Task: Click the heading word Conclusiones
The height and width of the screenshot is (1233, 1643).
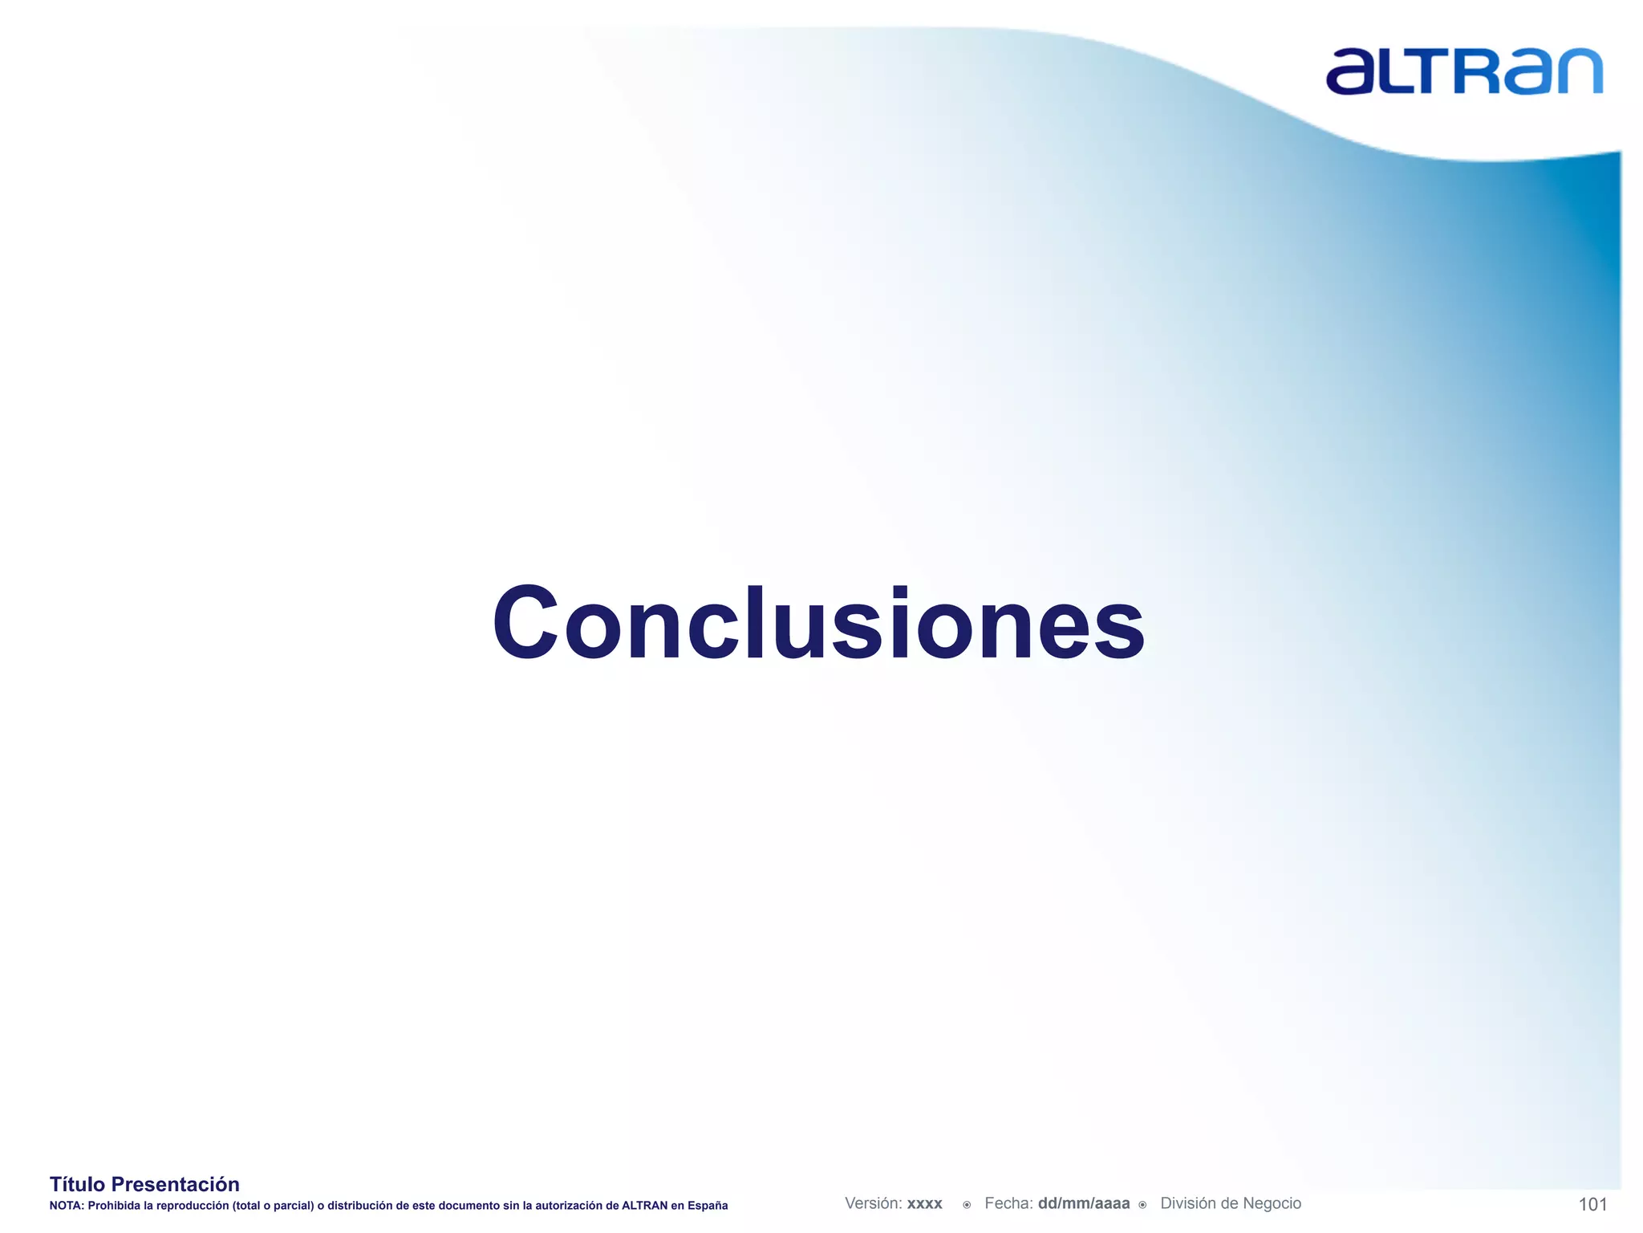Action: (x=818, y=624)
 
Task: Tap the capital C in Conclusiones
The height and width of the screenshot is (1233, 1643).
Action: (x=525, y=622)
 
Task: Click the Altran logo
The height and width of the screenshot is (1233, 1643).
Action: (x=1464, y=71)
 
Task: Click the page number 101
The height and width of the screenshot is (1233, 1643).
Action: (x=1592, y=1204)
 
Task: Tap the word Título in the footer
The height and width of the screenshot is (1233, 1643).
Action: (x=77, y=1184)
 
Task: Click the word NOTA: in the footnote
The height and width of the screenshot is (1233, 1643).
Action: (x=67, y=1206)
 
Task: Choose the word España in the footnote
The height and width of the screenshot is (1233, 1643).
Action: (x=708, y=1206)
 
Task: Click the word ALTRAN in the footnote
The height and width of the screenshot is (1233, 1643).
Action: (x=644, y=1206)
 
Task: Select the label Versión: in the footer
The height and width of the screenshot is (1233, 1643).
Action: (x=874, y=1203)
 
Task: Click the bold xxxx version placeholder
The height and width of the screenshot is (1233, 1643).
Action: (x=925, y=1204)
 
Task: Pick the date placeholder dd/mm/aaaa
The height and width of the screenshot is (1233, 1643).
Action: (x=1083, y=1203)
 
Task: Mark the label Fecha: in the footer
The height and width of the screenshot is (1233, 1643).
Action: (x=1008, y=1203)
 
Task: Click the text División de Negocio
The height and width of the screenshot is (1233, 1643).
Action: (x=1231, y=1203)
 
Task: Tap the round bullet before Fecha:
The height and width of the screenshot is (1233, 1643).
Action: (x=967, y=1204)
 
